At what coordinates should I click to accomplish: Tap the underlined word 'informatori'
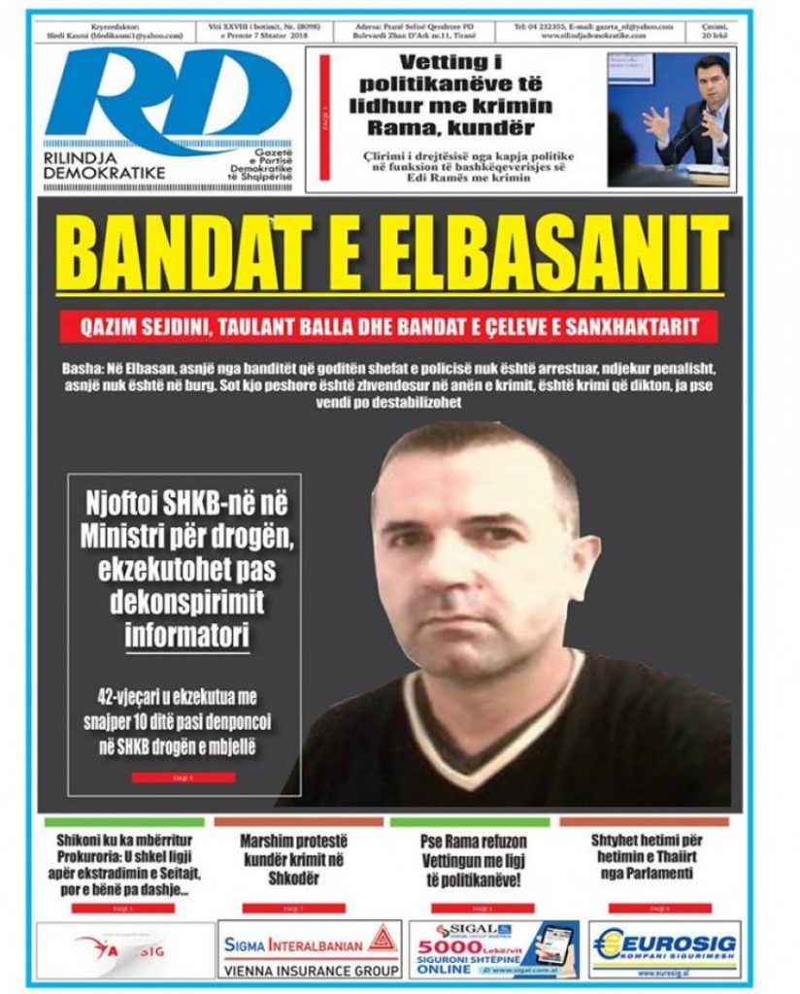tap(187, 635)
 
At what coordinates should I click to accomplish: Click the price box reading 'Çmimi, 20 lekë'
tap(718, 30)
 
